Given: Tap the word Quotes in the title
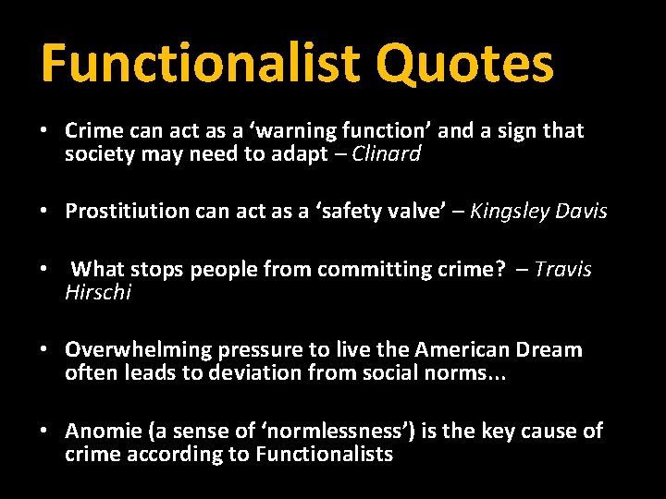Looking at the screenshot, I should pyautogui.click(x=464, y=63).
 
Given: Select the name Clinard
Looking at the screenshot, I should pyautogui.click(x=387, y=154).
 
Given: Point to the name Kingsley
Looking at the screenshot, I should pyautogui.click(x=511, y=212).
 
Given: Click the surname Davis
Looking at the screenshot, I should pyautogui.click(x=582, y=212).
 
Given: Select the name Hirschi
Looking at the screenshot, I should pyautogui.click(x=98, y=293).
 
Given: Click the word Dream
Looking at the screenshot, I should pyautogui.click(x=549, y=350).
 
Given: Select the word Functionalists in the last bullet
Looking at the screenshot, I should pyautogui.click(x=325, y=455).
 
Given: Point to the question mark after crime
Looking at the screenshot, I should pyautogui.click(x=500, y=269).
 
